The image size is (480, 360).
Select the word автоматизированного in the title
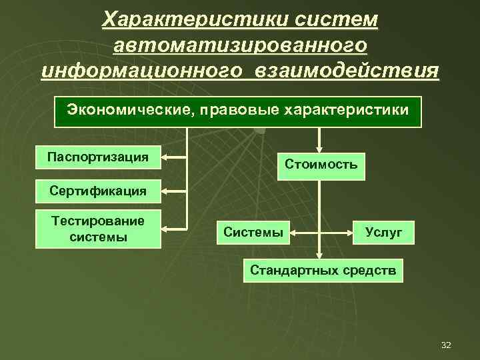pyautogui.click(x=240, y=45)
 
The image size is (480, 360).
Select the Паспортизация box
pyautogui.click(x=98, y=157)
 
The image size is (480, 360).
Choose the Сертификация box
pyautogui.click(x=98, y=191)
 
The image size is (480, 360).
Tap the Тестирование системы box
pyautogui.click(x=98, y=229)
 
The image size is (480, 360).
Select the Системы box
pyautogui.click(x=253, y=233)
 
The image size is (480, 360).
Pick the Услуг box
pyautogui.click(x=383, y=233)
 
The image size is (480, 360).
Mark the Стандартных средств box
pyautogui.click(x=323, y=271)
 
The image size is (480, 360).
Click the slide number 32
pyautogui.click(x=446, y=345)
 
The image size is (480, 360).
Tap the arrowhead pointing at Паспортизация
pyautogui.click(x=166, y=158)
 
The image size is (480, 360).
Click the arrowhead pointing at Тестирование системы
pyautogui.click(x=166, y=229)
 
